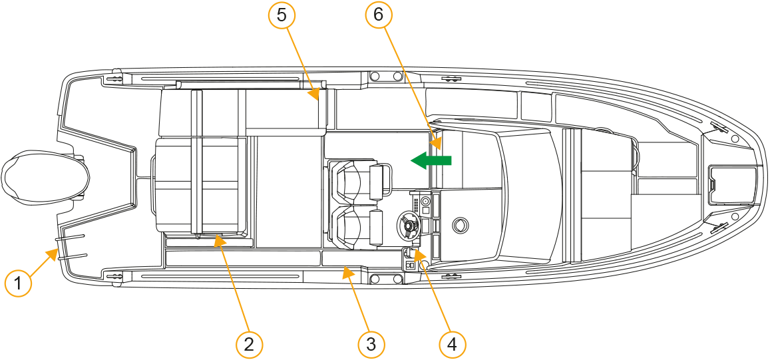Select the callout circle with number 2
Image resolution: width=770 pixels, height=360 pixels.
pyautogui.click(x=250, y=343)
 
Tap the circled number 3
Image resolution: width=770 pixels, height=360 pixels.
pyautogui.click(x=371, y=343)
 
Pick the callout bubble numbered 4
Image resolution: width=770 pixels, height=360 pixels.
pyautogui.click(x=452, y=343)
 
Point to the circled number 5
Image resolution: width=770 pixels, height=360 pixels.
pyautogui.click(x=282, y=15)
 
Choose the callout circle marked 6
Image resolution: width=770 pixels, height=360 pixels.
pyautogui.click(x=377, y=15)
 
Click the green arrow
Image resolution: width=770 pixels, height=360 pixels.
pyautogui.click(x=431, y=160)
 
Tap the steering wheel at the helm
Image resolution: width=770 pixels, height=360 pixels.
pyautogui.click(x=409, y=225)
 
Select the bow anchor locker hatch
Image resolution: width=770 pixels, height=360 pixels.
pyautogui.click(x=731, y=185)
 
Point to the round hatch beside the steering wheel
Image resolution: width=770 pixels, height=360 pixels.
pyautogui.click(x=460, y=224)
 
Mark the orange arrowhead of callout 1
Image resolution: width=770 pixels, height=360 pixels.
pyautogui.click(x=51, y=254)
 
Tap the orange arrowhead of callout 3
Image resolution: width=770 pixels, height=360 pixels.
pyautogui.click(x=347, y=271)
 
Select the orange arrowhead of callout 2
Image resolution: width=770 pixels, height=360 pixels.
pyautogui.click(x=219, y=240)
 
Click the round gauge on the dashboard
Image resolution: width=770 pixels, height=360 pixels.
pyautogui.click(x=425, y=202)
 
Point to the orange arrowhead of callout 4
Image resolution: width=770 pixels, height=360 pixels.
pyautogui.click(x=419, y=254)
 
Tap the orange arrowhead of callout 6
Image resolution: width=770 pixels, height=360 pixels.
pyautogui.click(x=437, y=144)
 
